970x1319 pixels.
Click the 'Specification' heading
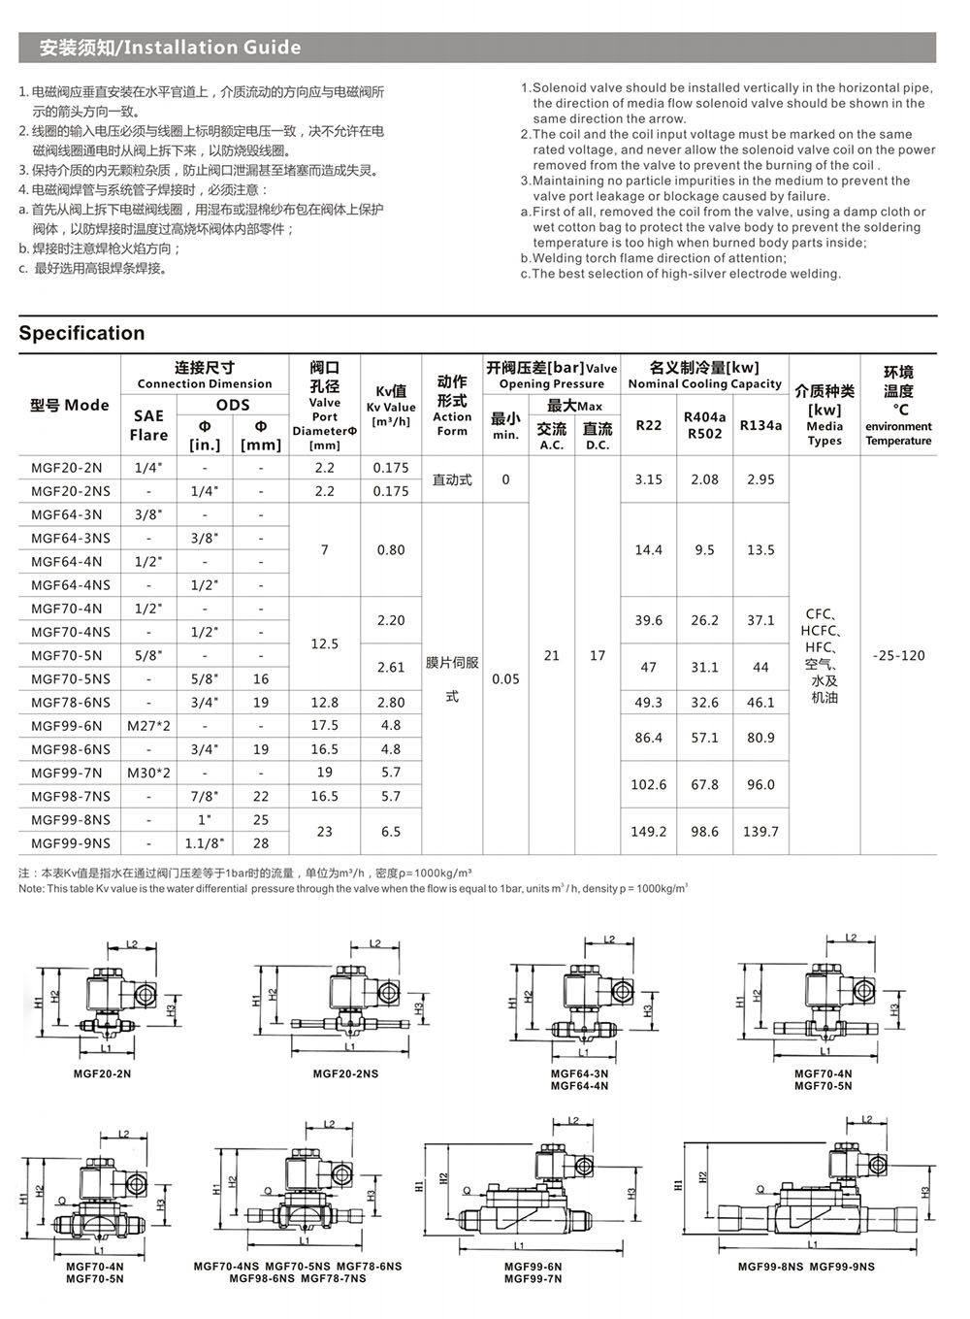(x=81, y=333)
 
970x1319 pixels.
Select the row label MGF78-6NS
(x=70, y=702)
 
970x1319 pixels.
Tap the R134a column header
(x=760, y=424)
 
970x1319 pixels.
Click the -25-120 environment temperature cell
(x=898, y=655)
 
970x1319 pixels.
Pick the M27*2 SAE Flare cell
(x=148, y=725)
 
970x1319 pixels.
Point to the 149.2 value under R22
(x=648, y=831)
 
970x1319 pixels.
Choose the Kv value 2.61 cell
(x=391, y=667)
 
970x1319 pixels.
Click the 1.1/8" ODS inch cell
(x=205, y=842)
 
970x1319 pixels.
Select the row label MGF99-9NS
(x=70, y=842)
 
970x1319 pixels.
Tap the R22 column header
(x=648, y=424)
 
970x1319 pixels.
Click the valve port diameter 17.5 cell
(x=324, y=725)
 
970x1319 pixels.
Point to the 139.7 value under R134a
(x=760, y=831)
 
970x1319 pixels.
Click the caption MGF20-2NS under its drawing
(x=345, y=1073)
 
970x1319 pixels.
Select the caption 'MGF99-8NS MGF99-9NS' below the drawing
(x=805, y=1266)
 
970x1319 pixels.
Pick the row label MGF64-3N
(x=66, y=514)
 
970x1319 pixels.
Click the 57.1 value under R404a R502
(x=704, y=738)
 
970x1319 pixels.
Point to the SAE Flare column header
(x=148, y=425)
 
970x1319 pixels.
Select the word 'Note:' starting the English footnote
(x=31, y=888)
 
